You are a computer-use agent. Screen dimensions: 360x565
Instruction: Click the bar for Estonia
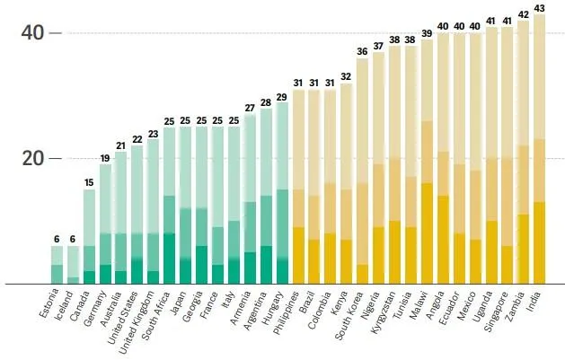57,266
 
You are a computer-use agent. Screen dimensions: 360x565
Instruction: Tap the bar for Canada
89,237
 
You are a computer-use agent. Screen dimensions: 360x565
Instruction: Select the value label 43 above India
540,8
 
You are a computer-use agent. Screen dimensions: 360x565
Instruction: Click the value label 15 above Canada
89,182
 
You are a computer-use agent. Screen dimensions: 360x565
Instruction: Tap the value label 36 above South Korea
362,51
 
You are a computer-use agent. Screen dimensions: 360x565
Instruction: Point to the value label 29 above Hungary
282,95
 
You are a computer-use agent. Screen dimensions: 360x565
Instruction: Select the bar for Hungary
282,194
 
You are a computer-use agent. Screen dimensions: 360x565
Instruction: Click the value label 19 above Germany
105,158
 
